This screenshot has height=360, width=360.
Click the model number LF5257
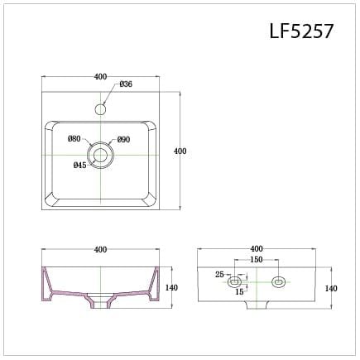(300, 31)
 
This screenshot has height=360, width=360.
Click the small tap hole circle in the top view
(100, 109)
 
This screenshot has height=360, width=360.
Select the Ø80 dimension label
(74, 139)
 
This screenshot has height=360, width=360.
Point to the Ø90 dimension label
(123, 139)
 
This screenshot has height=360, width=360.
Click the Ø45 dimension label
(80, 166)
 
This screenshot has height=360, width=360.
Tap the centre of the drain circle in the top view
(100, 155)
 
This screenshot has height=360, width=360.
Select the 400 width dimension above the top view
(100, 77)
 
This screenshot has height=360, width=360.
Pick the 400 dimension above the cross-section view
(100, 249)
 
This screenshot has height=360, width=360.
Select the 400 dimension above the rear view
(256, 248)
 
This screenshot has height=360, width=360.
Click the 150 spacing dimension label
(257, 260)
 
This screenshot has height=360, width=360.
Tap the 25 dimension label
(219, 274)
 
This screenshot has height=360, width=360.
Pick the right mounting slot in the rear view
(277, 281)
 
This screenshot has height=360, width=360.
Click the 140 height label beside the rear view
(331, 288)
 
